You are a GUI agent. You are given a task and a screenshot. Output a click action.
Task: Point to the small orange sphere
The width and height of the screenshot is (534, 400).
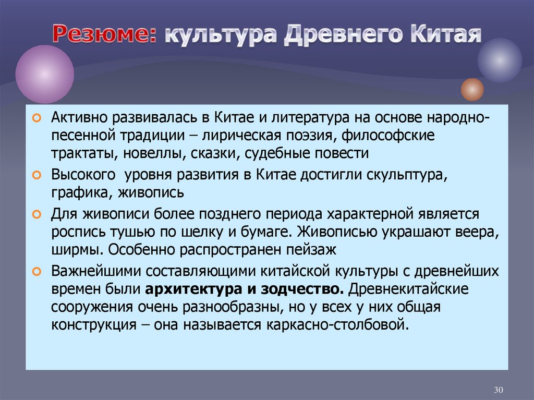472,89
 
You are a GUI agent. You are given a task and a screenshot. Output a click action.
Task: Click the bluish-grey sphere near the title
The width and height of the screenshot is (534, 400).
499,60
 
